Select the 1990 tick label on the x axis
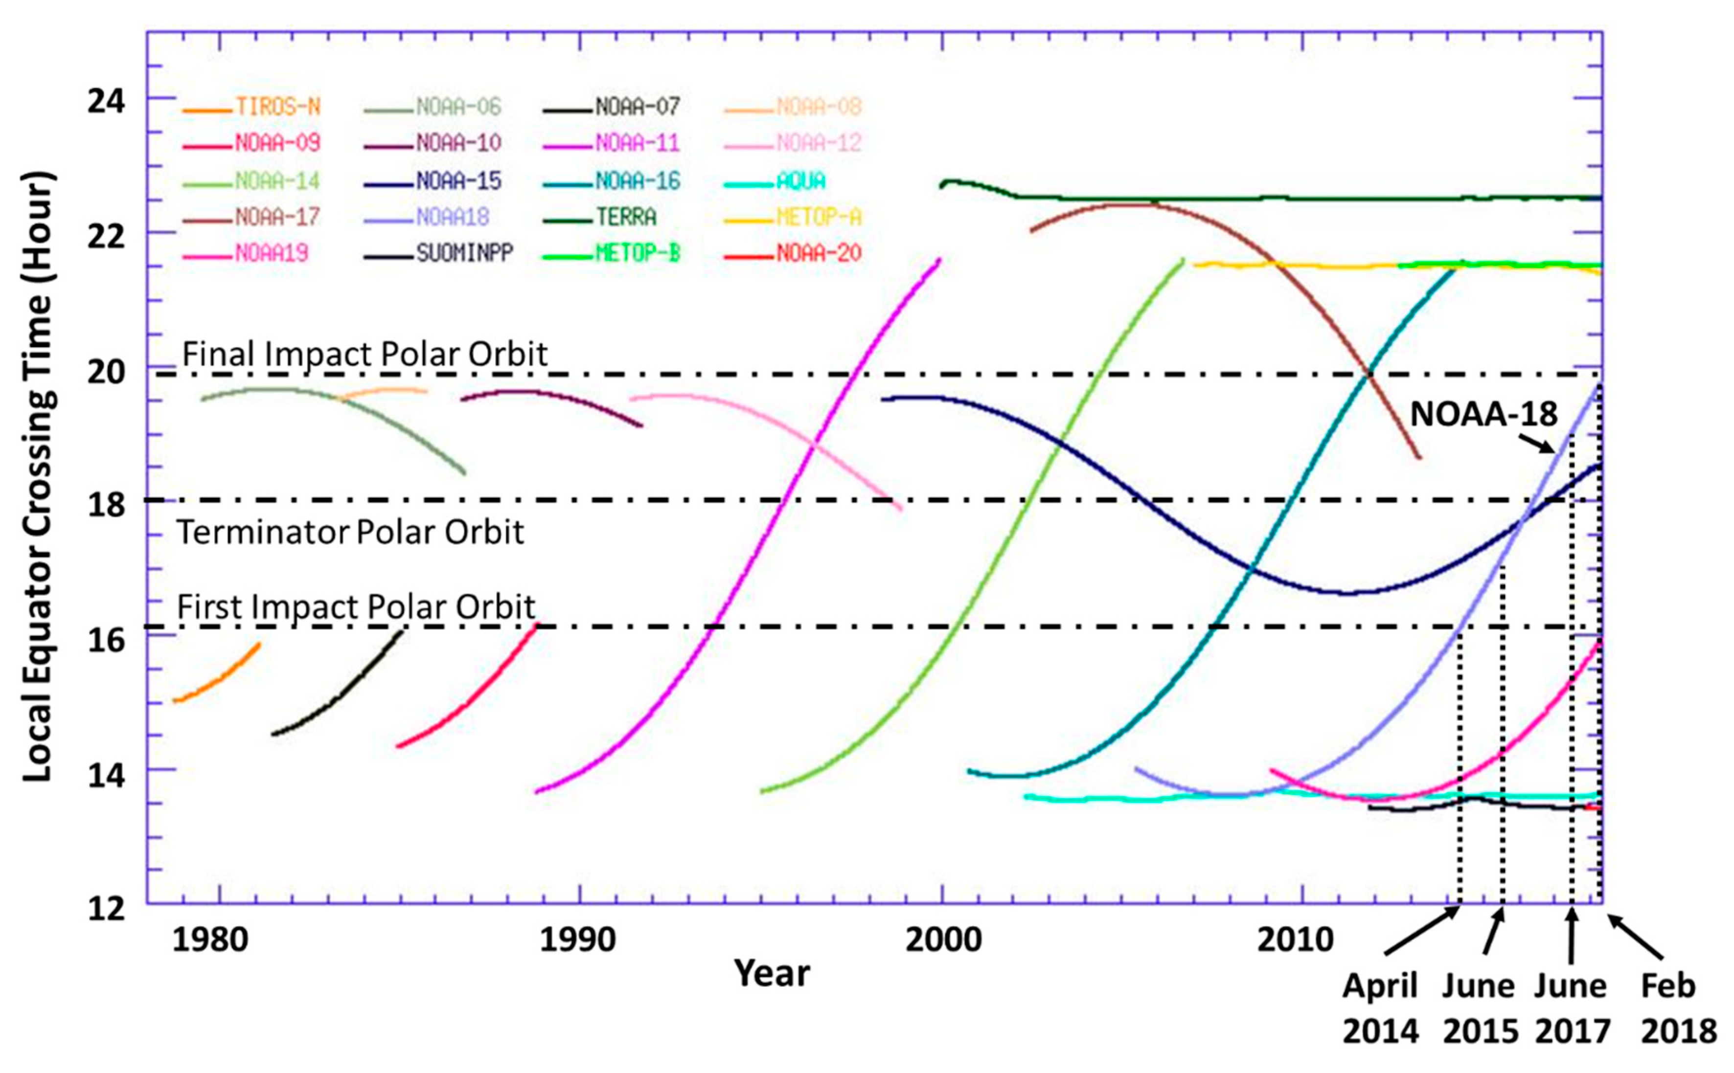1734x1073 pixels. [577, 940]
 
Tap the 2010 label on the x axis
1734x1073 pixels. [1295, 940]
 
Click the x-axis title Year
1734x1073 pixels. [772, 973]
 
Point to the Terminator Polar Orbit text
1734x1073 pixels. [350, 532]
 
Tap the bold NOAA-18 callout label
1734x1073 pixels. [1483, 414]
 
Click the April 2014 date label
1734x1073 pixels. [1380, 1008]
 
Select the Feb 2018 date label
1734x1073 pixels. [1678, 1008]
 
